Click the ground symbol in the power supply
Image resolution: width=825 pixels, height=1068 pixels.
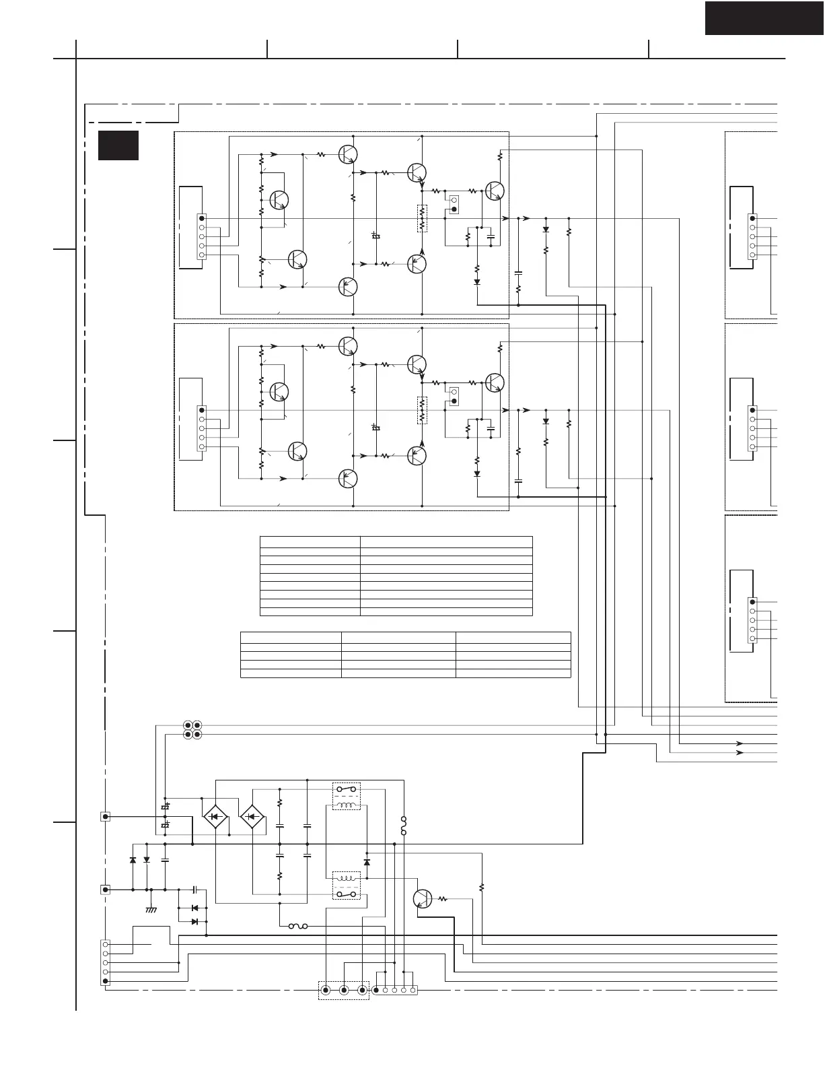pos(151,909)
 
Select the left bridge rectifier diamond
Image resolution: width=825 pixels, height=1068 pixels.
pos(215,816)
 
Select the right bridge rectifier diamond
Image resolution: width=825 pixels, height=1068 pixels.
pos(252,816)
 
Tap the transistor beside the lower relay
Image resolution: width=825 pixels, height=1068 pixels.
pos(422,898)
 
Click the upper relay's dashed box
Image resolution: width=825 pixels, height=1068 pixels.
pos(347,796)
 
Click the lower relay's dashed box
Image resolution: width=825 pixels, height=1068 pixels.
pos(347,886)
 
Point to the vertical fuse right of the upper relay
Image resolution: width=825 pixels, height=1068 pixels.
pos(404,826)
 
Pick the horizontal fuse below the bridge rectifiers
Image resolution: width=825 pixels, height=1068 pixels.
pos(298,927)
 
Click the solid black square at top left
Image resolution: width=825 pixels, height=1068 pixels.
pos(118,145)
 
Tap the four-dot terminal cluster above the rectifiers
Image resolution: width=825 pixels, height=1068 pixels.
pos(192,730)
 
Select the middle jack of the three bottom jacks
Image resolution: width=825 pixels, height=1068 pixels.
pos(344,990)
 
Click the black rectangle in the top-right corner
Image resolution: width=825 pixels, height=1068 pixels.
pos(764,18)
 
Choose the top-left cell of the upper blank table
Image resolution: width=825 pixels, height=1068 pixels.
pos(310,541)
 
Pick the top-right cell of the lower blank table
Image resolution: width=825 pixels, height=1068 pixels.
pos(513,637)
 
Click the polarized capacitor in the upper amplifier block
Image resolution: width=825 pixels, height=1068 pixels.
pos(376,236)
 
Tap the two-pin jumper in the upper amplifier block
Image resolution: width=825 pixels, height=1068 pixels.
pos(454,204)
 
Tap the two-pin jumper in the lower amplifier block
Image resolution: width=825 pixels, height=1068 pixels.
pos(454,396)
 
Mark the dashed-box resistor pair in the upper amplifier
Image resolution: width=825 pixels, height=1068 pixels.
pos(422,218)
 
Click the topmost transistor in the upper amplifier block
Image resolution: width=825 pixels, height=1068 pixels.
pos(348,154)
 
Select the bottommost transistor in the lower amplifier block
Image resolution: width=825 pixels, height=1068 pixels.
pos(348,479)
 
